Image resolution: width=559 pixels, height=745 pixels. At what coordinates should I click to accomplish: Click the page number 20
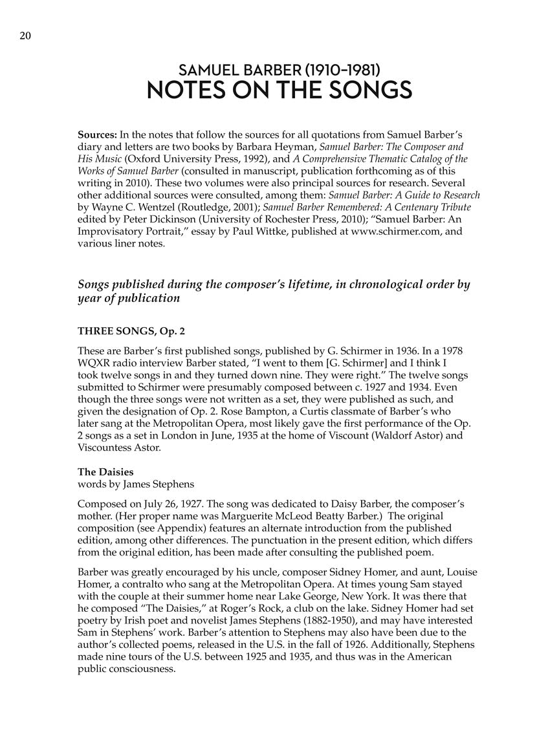pyautogui.click(x=25, y=37)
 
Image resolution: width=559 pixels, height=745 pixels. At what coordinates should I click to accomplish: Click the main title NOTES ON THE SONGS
pyautogui.click(x=279, y=91)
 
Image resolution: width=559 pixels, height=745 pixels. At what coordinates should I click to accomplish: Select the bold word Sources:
pyautogui.click(x=97, y=135)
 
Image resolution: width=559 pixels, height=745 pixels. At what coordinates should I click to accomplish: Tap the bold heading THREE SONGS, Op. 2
pyautogui.click(x=131, y=330)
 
